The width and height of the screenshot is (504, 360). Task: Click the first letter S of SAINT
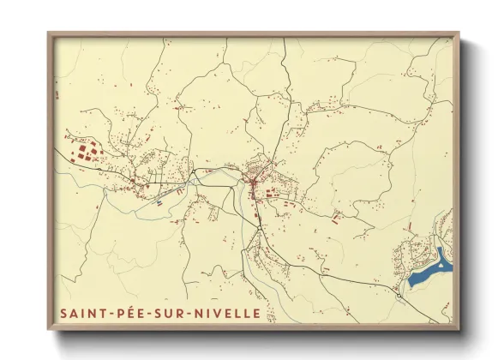point(63,314)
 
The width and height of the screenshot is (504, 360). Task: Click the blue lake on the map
point(428,273)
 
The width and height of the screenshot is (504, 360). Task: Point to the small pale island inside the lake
point(440,265)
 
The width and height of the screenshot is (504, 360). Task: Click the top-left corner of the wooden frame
point(48,33)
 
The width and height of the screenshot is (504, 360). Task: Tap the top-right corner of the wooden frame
point(459,33)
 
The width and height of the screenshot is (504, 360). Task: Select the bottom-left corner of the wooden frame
point(48,329)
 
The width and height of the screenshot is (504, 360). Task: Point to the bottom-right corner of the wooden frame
point(459,329)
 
